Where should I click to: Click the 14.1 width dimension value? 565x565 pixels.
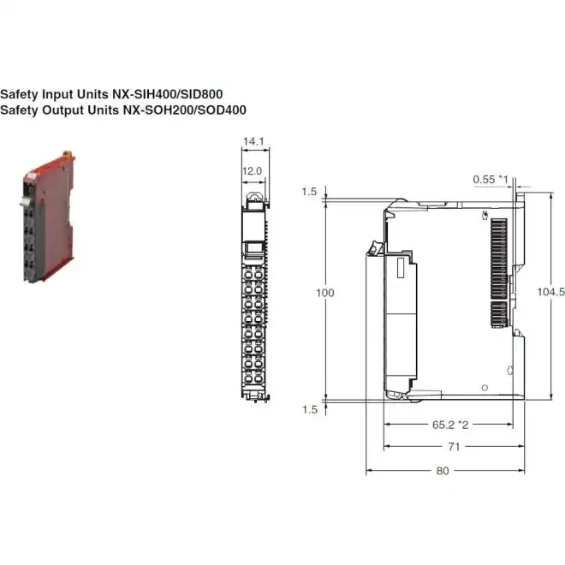[253, 140]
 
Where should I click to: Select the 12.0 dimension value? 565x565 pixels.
[253, 171]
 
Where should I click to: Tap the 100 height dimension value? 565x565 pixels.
[325, 293]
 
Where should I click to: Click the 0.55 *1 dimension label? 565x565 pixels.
[491, 179]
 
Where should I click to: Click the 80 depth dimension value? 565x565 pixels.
[442, 469]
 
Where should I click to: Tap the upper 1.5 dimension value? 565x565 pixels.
[309, 192]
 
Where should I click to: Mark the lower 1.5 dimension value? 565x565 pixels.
[309, 409]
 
